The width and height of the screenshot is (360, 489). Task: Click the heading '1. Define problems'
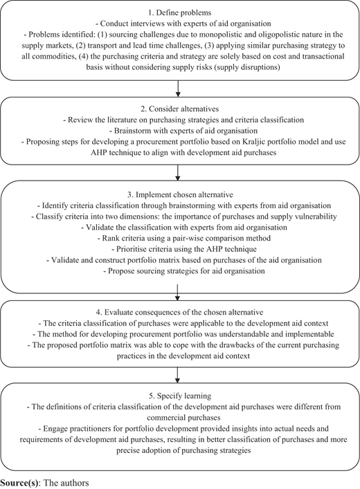(180, 12)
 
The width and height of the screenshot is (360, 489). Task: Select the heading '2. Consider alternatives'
(179, 109)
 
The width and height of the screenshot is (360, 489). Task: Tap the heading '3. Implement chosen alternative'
(180, 195)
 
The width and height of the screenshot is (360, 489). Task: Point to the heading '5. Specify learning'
(180, 396)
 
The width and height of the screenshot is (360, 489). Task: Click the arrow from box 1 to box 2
(178, 89)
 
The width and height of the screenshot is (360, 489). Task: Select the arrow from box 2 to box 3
(178, 173)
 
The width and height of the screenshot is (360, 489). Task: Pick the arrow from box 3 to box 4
(178, 292)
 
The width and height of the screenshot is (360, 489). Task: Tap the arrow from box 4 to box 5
(178, 375)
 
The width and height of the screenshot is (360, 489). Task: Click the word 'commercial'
(163, 418)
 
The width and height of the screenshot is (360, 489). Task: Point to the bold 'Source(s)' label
(20, 483)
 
